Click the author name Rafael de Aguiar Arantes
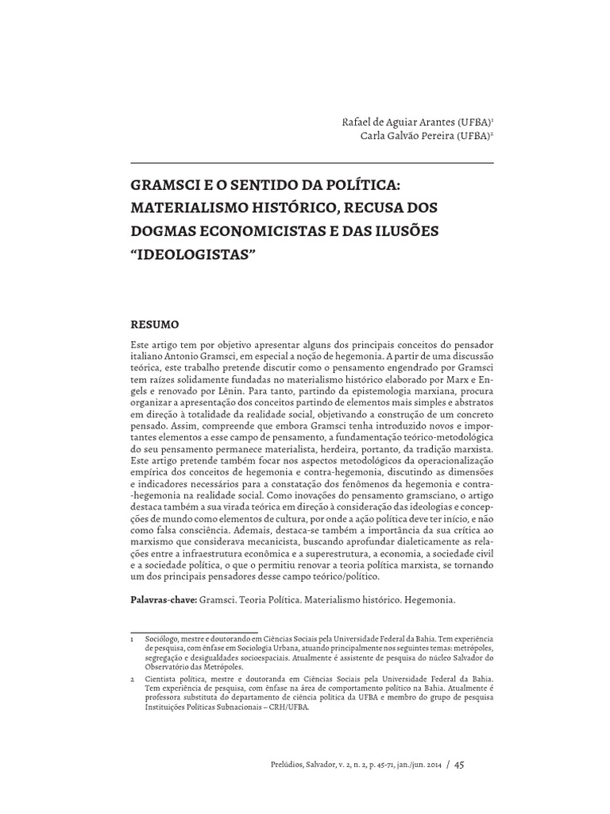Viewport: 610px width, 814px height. click(x=387, y=122)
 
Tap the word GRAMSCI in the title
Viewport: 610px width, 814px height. click(x=162, y=186)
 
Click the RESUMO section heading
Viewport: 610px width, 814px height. click(x=154, y=324)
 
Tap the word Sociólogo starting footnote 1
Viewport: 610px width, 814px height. click(x=161, y=638)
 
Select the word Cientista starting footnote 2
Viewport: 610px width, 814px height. click(x=160, y=681)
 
